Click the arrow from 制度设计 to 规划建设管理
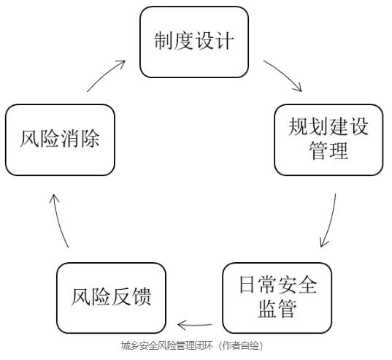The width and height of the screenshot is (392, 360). [x=285, y=74]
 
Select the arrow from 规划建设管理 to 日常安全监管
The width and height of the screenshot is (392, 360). [x=331, y=221]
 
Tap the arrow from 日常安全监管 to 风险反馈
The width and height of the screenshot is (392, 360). [x=194, y=325]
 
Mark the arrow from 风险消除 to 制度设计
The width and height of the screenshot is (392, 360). [x=105, y=74]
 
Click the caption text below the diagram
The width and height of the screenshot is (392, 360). [x=192, y=345]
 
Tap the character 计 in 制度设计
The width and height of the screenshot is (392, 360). [x=225, y=41]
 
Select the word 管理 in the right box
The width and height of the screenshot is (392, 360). [x=328, y=150]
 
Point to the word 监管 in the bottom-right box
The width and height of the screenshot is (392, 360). [x=277, y=309]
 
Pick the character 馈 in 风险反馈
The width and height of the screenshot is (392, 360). [x=142, y=296]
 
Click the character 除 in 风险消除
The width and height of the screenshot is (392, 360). [x=91, y=139]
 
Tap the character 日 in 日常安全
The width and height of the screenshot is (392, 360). [x=247, y=285]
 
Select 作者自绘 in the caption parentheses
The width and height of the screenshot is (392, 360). [x=241, y=345]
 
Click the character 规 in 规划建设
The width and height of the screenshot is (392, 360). [x=298, y=126]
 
